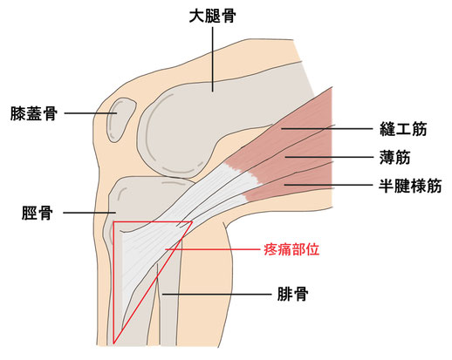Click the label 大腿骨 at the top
tap(212, 16)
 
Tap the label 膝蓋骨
tap(34, 113)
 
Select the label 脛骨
tap(38, 213)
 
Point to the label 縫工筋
tap(403, 129)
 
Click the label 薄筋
tap(394, 157)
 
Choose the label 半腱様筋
tap(410, 186)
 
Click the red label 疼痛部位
tap(291, 249)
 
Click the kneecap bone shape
tap(120, 119)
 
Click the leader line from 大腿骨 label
tap(213, 59)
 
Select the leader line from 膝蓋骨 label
tap(91, 113)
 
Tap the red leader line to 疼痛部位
tap(212, 249)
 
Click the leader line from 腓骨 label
tap(216, 294)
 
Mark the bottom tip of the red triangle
tap(113, 343)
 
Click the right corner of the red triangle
tap(192, 222)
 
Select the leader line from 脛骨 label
tap(90, 213)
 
